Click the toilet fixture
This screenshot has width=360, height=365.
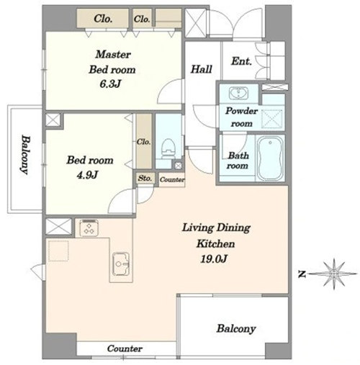168,149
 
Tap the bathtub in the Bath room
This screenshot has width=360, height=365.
271,158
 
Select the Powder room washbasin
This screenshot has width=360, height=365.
238,93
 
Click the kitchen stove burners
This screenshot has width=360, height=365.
89,227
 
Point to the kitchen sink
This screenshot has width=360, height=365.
121,264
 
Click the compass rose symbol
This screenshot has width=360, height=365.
334,274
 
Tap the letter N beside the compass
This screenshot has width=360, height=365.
302,274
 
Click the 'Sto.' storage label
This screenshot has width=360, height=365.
145,179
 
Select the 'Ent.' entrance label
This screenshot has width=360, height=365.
241,61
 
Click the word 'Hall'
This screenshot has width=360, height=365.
202,69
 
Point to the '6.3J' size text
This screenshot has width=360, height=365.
110,84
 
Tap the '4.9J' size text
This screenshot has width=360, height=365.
87,175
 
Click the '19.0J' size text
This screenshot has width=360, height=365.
214,258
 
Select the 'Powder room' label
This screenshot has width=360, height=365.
241,117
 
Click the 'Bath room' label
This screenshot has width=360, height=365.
238,161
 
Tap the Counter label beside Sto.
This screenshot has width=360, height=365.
172,179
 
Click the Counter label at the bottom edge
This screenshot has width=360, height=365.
125,348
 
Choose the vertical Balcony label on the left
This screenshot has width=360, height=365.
25,155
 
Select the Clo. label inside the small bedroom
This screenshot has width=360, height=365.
144,142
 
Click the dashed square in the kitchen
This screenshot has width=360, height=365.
58,251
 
